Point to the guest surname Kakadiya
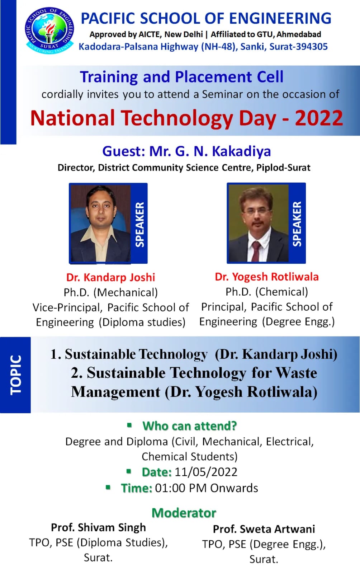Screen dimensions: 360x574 click(x=241, y=151)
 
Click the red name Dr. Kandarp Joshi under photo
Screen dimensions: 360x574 click(x=110, y=277)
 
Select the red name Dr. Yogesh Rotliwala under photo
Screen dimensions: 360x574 click(x=267, y=277)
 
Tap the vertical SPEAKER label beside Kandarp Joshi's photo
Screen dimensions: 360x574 click(x=140, y=225)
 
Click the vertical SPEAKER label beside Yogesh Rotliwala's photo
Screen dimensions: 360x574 click(x=297, y=224)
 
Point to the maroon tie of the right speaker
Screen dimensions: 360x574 click(x=256, y=251)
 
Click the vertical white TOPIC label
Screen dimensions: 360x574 click(x=16, y=375)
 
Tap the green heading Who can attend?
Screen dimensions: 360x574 click(x=189, y=426)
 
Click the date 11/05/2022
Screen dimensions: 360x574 click(x=206, y=472)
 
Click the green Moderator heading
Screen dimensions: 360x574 click(x=184, y=513)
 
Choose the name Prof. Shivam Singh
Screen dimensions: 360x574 click(x=98, y=528)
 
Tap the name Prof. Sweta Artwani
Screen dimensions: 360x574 click(x=264, y=529)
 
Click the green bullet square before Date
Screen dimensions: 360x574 click(x=129, y=471)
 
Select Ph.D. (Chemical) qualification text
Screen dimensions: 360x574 click(x=267, y=292)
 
